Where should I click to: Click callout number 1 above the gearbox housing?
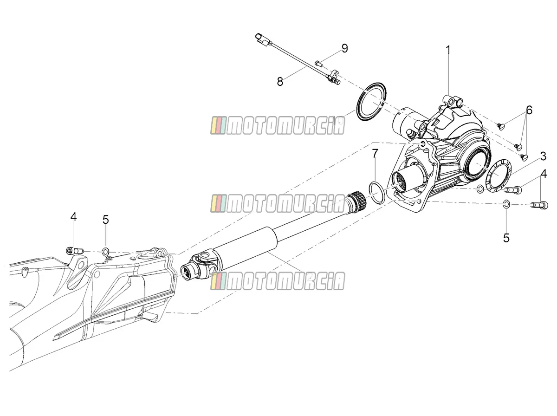pyautogui.click(x=448, y=50)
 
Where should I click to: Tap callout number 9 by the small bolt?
pyautogui.click(x=344, y=48)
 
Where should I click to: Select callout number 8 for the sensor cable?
pyautogui.click(x=280, y=82)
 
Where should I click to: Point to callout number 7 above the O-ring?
pyautogui.click(x=375, y=153)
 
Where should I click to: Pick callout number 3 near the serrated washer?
pyautogui.click(x=543, y=156)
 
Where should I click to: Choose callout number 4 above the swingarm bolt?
pyautogui.click(x=73, y=216)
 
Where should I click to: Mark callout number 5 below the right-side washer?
pyautogui.click(x=506, y=238)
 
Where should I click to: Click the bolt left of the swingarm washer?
pyautogui.click(x=75, y=251)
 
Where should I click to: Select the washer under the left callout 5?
pyautogui.click(x=105, y=252)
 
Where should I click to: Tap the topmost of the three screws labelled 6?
pyautogui.click(x=501, y=126)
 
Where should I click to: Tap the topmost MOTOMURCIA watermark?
pyautogui.click(x=278, y=126)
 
